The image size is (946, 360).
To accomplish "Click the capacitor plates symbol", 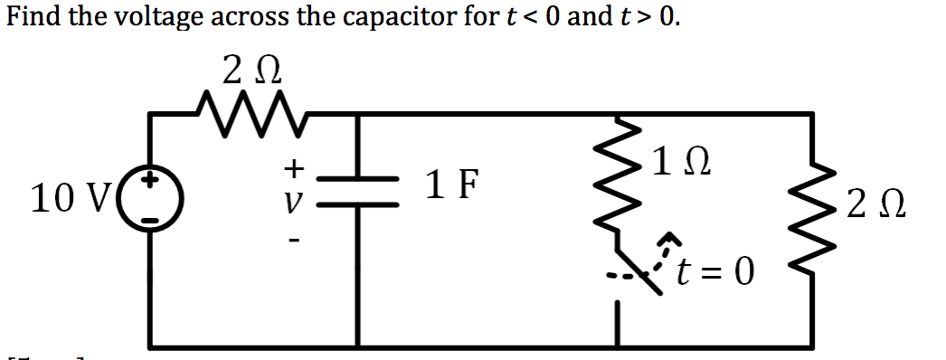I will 360,192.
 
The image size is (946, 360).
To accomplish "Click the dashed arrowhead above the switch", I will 668,240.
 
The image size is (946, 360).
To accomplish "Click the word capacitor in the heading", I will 399,16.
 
